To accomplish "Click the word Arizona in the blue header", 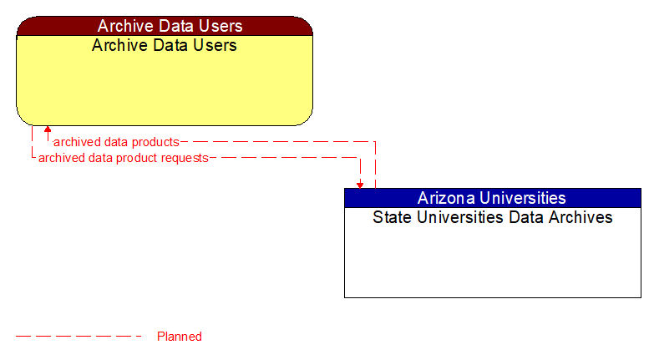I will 446,198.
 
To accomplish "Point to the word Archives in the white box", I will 582,218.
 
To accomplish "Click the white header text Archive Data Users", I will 165,26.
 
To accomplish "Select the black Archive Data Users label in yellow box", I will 165,45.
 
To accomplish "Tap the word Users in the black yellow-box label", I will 216,45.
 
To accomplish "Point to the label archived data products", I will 116,142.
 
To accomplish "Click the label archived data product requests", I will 123,157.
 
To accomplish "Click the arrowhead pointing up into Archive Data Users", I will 48,129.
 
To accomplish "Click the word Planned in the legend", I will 180,337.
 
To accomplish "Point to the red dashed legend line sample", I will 79,337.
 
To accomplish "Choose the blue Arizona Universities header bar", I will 493,198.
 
